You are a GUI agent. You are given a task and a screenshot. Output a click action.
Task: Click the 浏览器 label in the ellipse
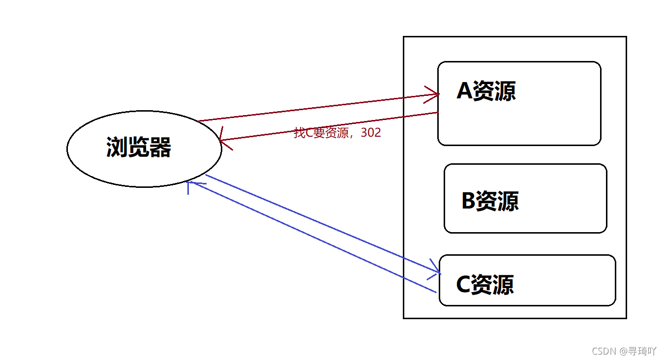coord(139,147)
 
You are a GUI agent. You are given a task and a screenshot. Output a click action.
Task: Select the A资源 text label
coord(486,91)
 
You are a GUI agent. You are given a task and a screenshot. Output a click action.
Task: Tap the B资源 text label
coord(490,201)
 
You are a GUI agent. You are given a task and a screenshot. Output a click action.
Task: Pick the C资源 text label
coord(485,285)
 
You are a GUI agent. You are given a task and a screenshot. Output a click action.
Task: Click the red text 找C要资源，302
coord(337,133)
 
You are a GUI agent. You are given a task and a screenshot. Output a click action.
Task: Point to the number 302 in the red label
coord(371,133)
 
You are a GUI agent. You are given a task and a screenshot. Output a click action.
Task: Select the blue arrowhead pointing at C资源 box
coord(436,269)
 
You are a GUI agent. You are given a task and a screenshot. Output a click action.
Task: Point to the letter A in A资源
coord(464,91)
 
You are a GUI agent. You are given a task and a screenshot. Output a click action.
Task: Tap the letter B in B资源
coord(469,201)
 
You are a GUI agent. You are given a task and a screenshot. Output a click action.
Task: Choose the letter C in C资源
coord(463,285)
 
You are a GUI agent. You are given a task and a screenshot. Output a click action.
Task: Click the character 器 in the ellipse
coord(160,147)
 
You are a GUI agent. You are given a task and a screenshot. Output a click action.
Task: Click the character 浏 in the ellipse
coord(117,147)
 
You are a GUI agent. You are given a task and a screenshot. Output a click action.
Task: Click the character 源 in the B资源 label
coord(508,201)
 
